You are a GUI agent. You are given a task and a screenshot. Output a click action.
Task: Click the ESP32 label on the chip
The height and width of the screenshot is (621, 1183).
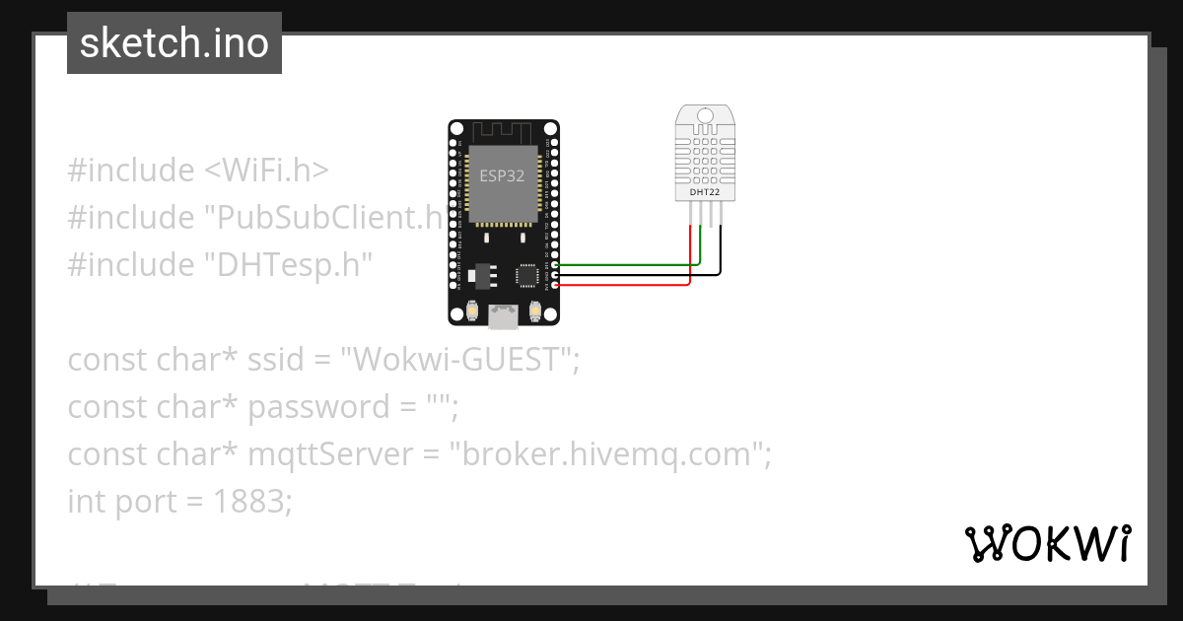pos(502,176)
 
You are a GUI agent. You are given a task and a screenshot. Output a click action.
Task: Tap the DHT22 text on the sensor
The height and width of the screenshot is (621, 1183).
pos(704,191)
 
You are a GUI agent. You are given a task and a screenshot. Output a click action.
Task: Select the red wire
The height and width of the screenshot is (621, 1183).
pos(631,285)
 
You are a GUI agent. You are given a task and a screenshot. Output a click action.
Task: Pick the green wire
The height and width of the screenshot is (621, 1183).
pos(631,265)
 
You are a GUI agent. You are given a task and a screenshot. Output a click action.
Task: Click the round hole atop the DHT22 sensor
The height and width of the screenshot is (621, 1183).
pos(704,115)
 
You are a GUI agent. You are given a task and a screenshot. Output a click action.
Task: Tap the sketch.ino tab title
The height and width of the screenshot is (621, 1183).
pos(174,43)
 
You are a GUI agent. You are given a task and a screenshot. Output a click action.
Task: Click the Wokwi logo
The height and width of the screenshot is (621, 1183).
pos(1047,544)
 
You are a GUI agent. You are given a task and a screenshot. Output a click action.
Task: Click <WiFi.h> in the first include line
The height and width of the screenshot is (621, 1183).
pos(266,171)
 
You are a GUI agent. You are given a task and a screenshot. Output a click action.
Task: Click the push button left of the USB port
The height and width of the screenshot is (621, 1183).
pos(474,311)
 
